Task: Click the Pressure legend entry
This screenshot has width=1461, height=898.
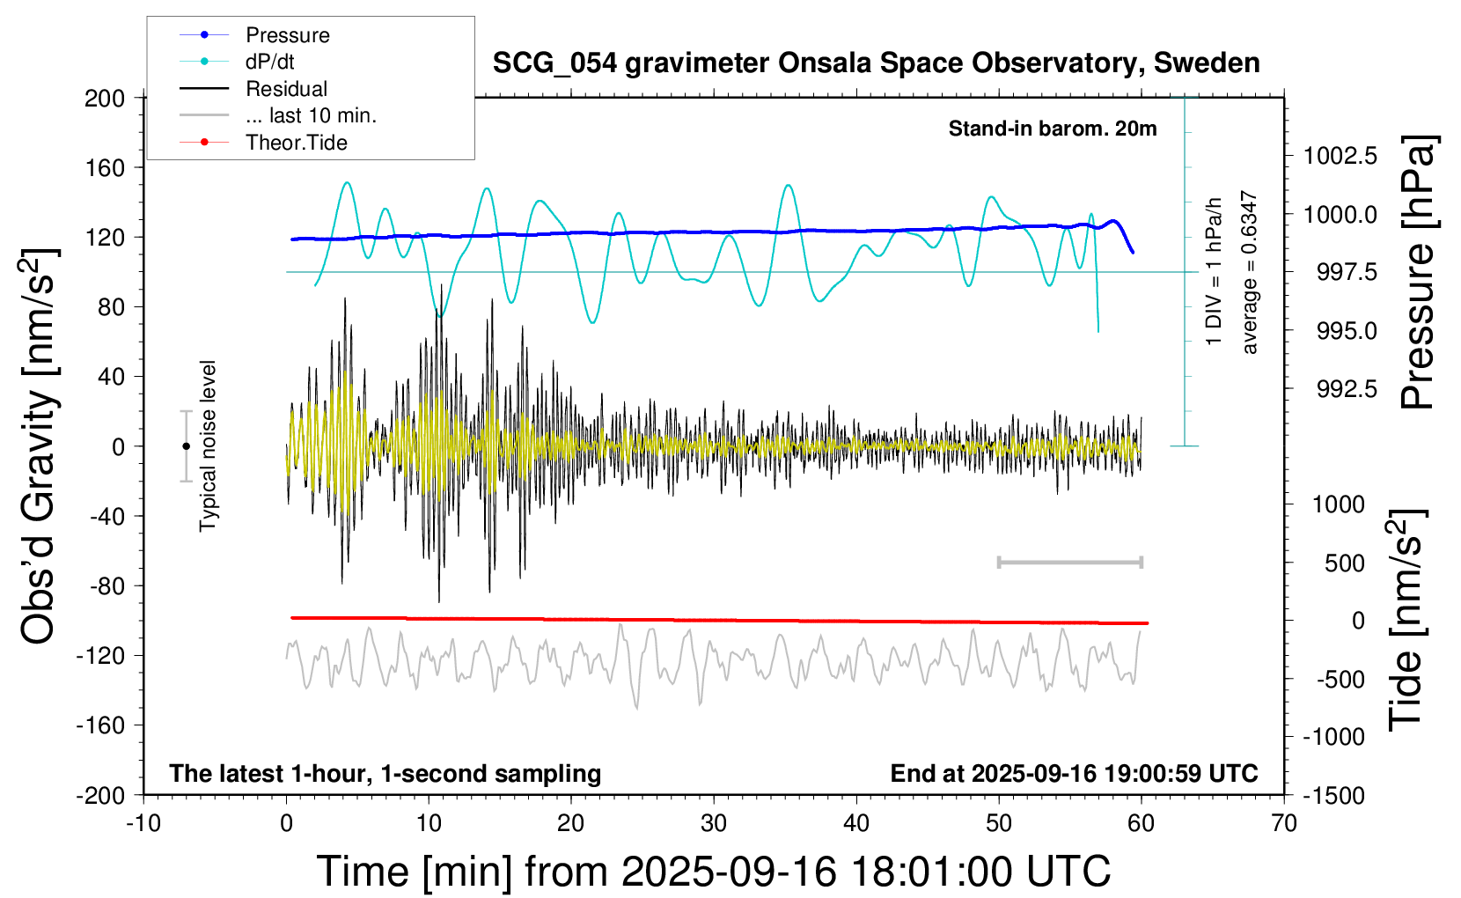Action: (x=287, y=35)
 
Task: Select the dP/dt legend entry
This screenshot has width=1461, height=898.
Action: (x=269, y=62)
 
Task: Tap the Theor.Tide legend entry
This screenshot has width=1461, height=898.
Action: (x=296, y=143)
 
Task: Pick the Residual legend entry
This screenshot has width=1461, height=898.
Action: (x=286, y=89)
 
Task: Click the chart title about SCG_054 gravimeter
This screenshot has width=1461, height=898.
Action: (x=876, y=63)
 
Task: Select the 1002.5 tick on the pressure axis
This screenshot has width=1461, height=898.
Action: (x=1340, y=156)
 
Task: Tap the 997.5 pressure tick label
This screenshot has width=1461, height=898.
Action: (x=1347, y=272)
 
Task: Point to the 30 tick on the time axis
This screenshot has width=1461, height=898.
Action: (x=714, y=823)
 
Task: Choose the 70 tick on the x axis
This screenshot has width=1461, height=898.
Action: (x=1284, y=823)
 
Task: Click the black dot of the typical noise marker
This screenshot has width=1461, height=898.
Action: (x=186, y=446)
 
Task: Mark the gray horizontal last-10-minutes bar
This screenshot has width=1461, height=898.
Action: (x=1069, y=562)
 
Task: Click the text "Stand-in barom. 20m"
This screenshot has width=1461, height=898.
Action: (x=1053, y=129)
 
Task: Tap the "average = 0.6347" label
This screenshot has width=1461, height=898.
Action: (x=1249, y=273)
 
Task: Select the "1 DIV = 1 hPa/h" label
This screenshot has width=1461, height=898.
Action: (x=1215, y=271)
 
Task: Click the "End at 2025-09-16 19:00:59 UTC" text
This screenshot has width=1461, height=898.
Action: (x=1074, y=773)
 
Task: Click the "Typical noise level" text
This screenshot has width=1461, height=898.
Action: (x=208, y=445)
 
